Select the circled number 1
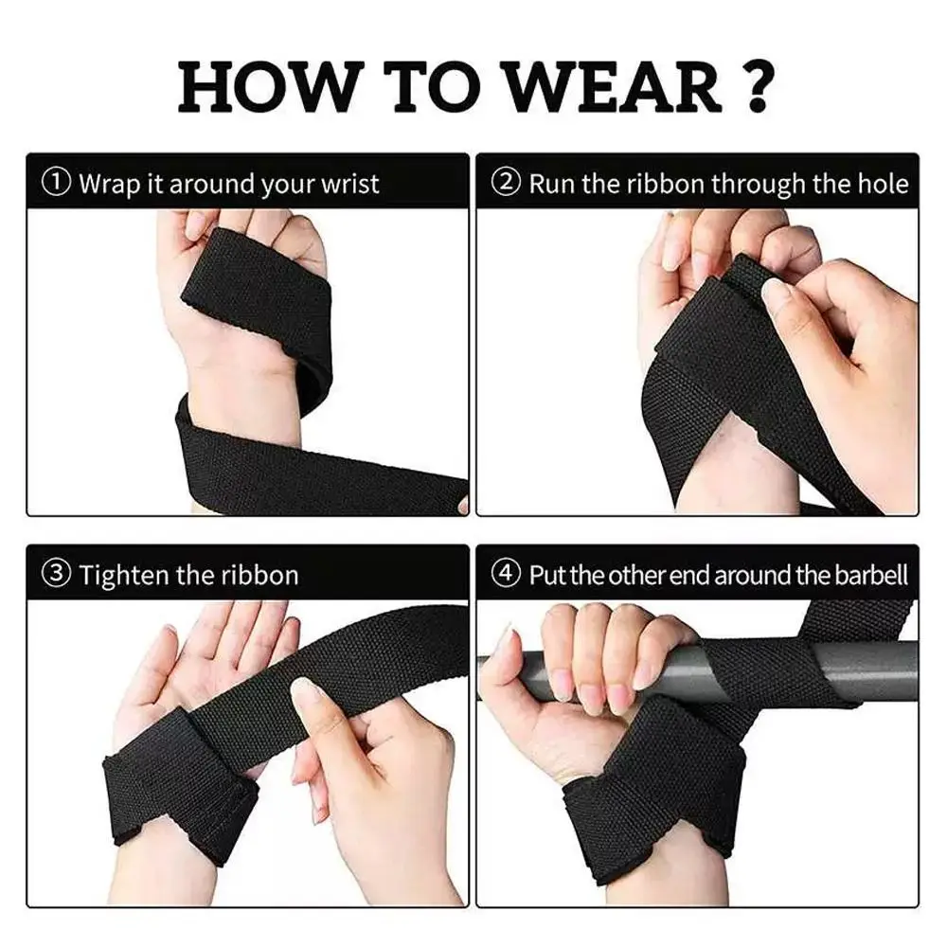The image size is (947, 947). [56, 182]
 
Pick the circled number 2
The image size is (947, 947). [506, 182]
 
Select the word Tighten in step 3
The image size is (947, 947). [124, 576]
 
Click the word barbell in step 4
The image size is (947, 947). [871, 575]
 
